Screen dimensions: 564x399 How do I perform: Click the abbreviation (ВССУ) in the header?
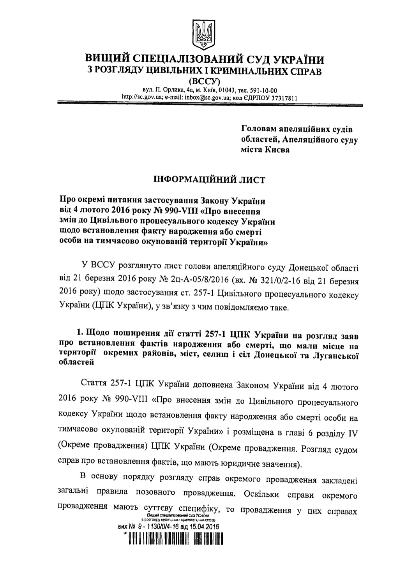205,81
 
